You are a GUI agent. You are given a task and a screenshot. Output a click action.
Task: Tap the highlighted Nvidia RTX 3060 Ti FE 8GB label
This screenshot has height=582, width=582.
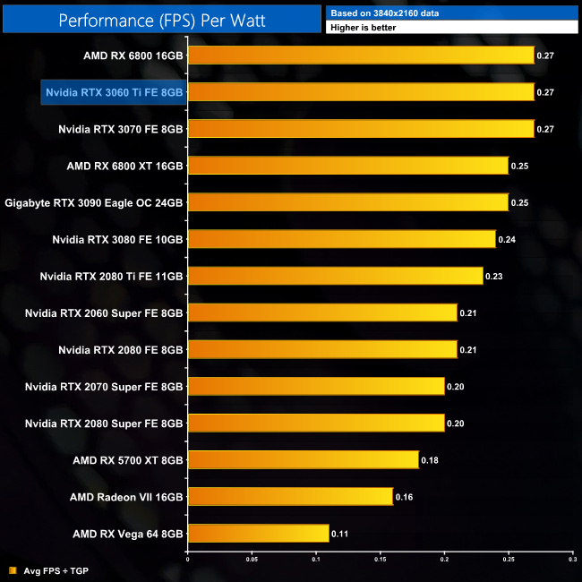click(114, 92)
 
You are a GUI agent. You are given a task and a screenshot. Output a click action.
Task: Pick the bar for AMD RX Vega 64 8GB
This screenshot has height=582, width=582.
click(258, 534)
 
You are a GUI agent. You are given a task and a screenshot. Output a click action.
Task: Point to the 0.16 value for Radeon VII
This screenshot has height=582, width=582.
click(403, 497)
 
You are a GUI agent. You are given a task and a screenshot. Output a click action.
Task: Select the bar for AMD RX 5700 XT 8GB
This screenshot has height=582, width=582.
click(303, 460)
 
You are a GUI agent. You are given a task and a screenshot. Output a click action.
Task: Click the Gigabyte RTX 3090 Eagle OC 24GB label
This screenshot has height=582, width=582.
click(94, 202)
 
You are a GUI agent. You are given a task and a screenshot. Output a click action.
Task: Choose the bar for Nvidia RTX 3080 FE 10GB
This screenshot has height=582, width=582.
click(341, 239)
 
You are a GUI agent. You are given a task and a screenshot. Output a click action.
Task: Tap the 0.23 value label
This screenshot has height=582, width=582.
click(492, 276)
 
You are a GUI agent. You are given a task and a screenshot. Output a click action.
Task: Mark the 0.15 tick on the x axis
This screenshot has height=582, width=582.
click(380, 561)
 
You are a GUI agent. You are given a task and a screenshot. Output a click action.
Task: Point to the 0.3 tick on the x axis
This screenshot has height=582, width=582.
click(572, 561)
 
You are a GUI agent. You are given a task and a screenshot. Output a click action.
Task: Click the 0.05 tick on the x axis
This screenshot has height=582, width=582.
click(252, 561)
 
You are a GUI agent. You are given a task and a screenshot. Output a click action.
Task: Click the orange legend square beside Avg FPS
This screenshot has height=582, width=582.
click(12, 570)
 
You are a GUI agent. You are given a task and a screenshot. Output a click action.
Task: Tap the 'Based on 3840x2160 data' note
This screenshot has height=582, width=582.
click(377, 13)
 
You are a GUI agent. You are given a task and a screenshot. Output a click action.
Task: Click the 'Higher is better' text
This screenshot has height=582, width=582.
click(364, 28)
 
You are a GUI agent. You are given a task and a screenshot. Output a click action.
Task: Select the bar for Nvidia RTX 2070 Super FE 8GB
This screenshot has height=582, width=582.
click(316, 386)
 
